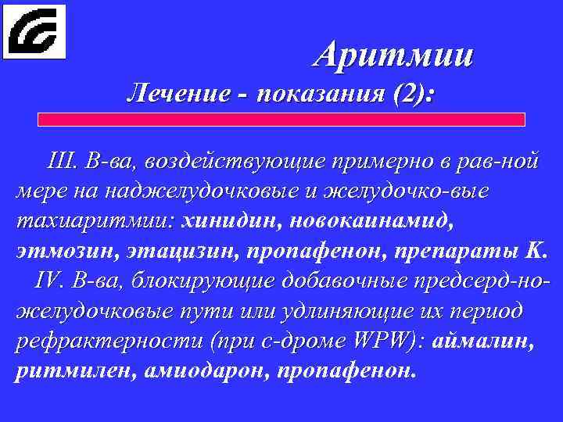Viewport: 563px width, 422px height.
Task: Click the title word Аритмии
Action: pyautogui.click(x=394, y=55)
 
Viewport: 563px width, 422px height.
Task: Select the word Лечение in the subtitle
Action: pyautogui.click(x=179, y=95)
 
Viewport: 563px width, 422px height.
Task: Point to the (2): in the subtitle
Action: pyautogui.click(x=414, y=95)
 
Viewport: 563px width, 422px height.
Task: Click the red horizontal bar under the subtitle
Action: pyautogui.click(x=282, y=120)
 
